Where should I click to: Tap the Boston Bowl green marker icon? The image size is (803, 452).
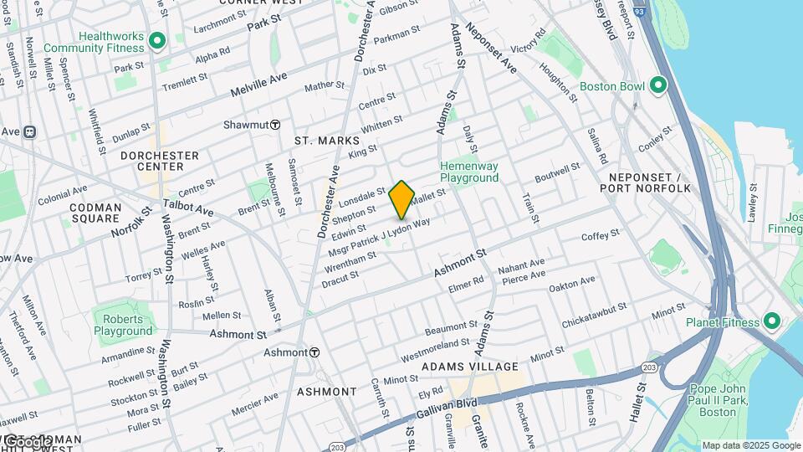click(658, 86)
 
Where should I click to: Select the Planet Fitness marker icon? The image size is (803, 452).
click(771, 322)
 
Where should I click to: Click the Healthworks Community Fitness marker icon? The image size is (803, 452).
click(156, 41)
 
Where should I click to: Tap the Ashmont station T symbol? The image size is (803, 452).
click(315, 352)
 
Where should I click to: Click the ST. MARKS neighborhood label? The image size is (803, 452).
click(326, 141)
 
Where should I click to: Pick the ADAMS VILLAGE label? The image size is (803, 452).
click(470, 367)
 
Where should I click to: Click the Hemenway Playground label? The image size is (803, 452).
click(469, 172)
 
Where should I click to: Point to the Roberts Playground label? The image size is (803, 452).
click(123, 324)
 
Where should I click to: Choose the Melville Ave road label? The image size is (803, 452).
click(258, 81)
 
